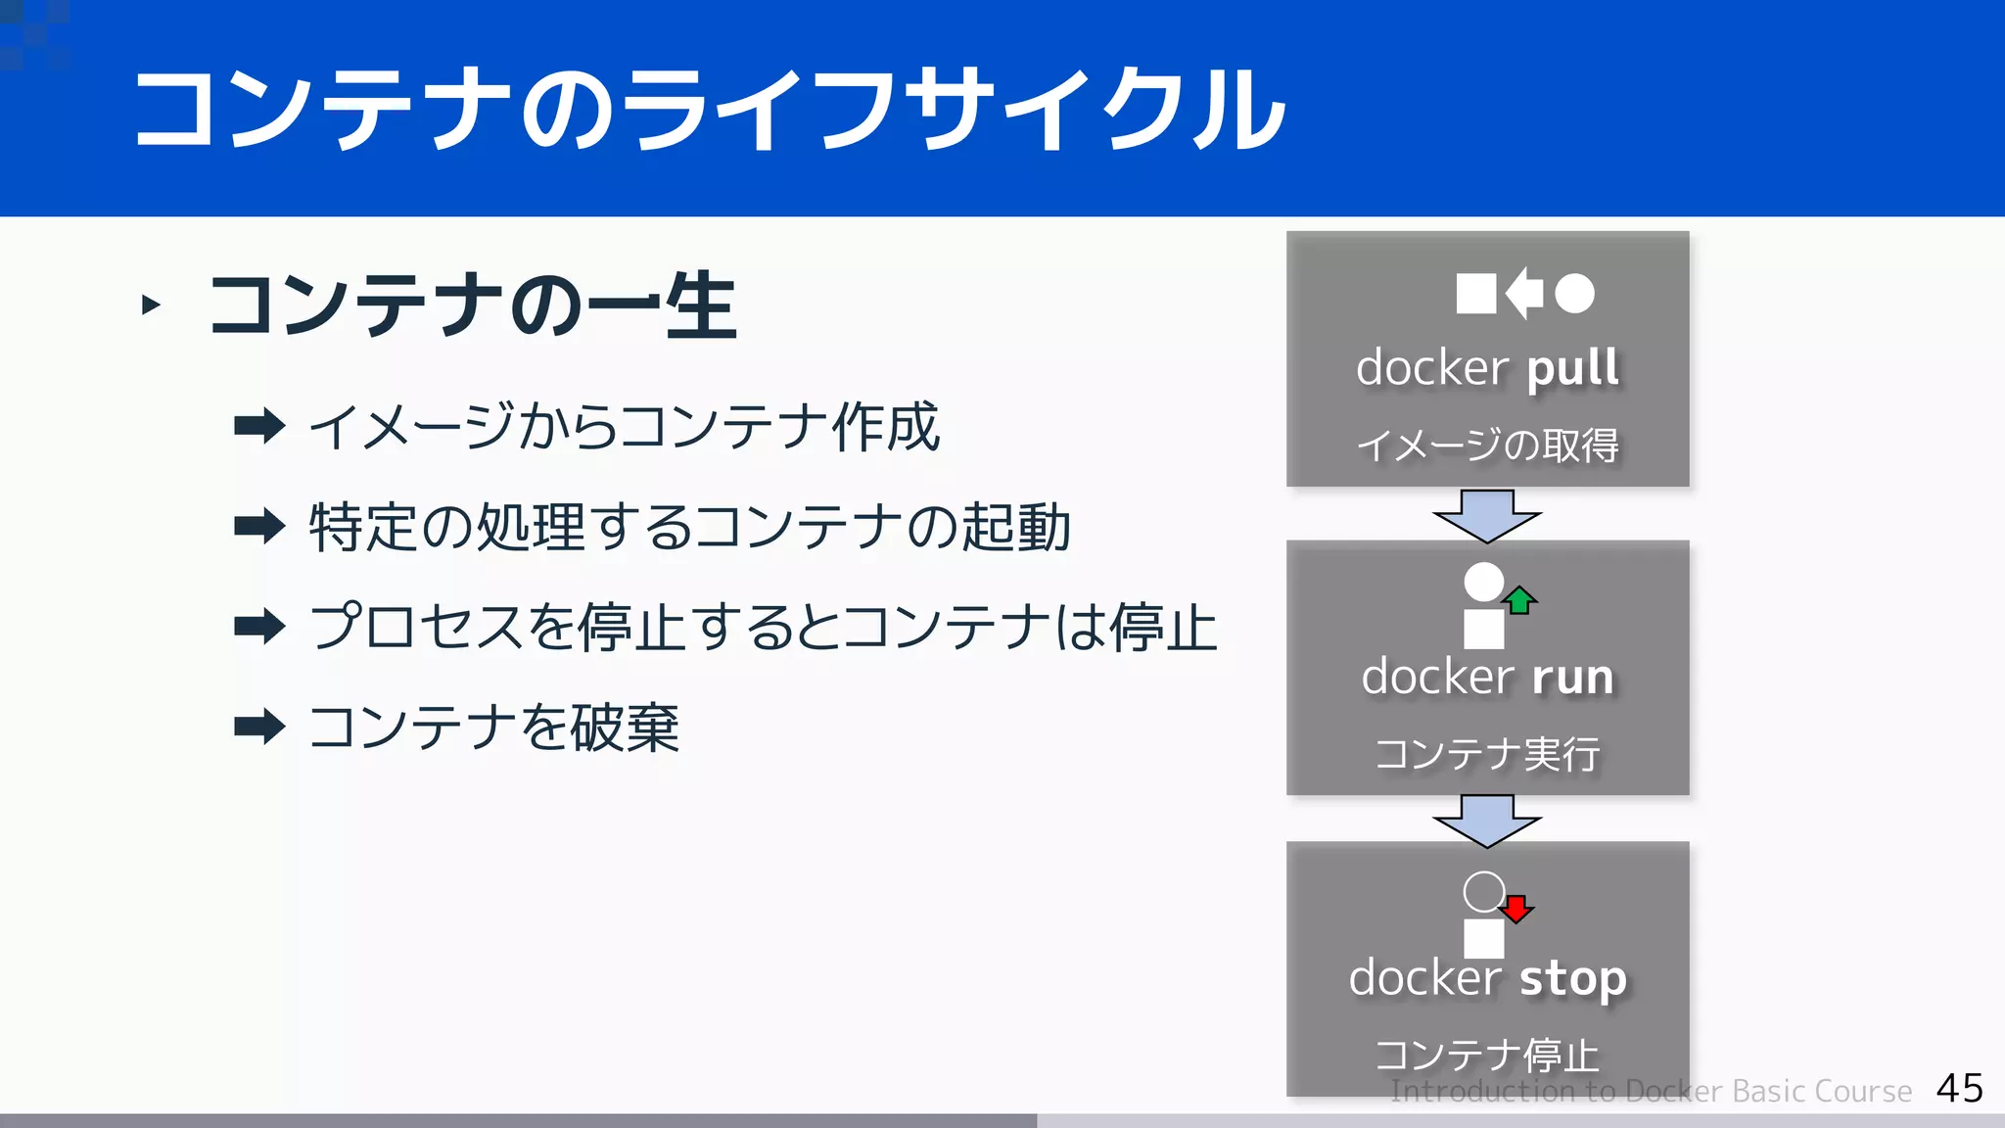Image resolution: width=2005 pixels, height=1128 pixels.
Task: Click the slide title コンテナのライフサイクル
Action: pos(709,110)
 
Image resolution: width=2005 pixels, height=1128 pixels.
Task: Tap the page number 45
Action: pos(1959,1088)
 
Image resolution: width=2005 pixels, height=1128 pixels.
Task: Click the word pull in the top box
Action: pos(1572,369)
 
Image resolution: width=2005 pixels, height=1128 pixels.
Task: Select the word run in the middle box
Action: pos(1572,678)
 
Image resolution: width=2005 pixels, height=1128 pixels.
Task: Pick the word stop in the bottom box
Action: pos(1572,979)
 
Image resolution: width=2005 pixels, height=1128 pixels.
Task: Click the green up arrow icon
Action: pos(1519,599)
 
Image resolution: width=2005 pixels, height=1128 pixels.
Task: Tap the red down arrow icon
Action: pos(1516,909)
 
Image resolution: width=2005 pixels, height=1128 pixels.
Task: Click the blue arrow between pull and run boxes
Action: pos(1487,515)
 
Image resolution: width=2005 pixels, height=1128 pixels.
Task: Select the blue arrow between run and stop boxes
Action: pos(1487,820)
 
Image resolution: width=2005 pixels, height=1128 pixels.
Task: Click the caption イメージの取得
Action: pos(1487,446)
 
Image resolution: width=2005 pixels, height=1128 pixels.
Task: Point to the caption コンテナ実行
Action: pos(1487,754)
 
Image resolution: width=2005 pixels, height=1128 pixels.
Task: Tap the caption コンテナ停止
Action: pos(1487,1055)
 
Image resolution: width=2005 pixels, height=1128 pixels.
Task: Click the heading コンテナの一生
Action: pos(472,306)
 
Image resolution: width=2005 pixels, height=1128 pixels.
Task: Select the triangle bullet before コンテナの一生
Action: pos(151,305)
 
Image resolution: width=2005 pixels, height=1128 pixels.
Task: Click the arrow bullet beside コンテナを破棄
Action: pos(259,727)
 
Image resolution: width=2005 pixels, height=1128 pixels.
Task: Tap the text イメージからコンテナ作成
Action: pos(624,427)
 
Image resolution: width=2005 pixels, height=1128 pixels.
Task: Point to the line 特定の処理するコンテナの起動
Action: pos(689,527)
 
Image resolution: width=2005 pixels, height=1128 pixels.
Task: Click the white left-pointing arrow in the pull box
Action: pos(1524,293)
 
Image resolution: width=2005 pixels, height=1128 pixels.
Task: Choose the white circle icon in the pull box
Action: pos(1574,293)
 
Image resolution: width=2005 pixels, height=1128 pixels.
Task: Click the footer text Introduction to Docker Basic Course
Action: pos(1651,1091)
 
